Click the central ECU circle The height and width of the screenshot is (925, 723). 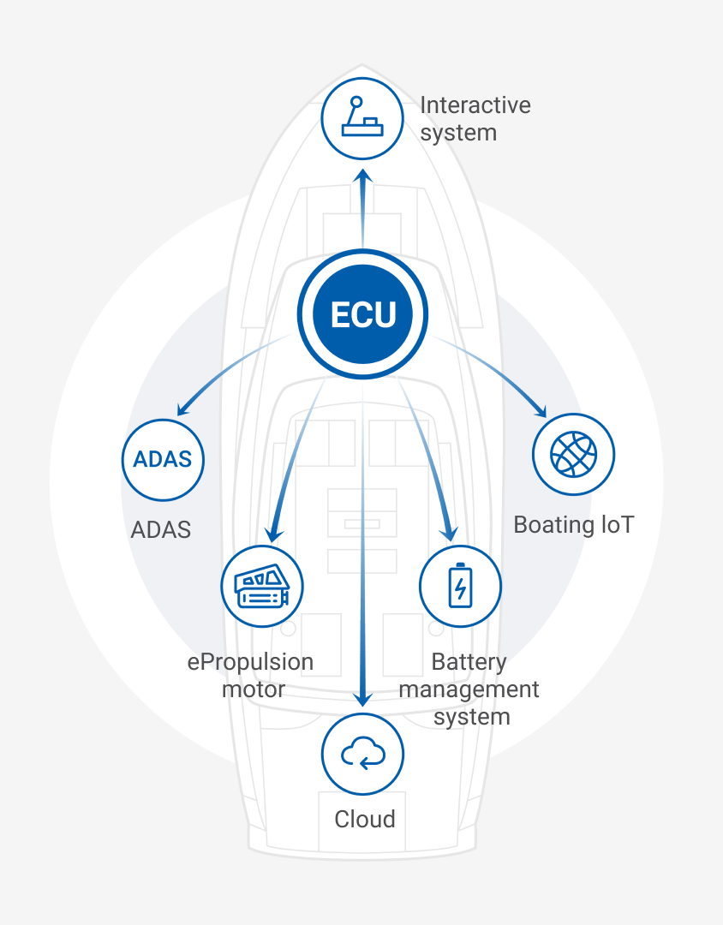pyautogui.click(x=362, y=314)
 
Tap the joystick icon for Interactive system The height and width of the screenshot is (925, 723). pyautogui.click(x=362, y=117)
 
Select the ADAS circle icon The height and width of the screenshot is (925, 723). pyautogui.click(x=163, y=459)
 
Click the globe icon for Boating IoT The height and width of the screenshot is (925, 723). pyautogui.click(x=574, y=454)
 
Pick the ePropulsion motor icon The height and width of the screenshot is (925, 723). pyautogui.click(x=261, y=587)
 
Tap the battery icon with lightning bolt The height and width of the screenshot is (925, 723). pyautogui.click(x=461, y=587)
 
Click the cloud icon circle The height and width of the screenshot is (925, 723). pyautogui.click(x=362, y=754)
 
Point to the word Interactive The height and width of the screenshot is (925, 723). pyautogui.click(x=475, y=105)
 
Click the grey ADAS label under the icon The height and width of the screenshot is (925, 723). pyautogui.click(x=161, y=529)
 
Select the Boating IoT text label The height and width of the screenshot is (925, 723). pyautogui.click(x=574, y=524)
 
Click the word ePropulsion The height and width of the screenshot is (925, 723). pyautogui.click(x=250, y=662)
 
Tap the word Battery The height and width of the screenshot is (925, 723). pyautogui.click(x=469, y=662)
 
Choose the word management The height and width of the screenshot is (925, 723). pyautogui.click(x=469, y=689)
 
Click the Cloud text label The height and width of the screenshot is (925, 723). pyautogui.click(x=365, y=820)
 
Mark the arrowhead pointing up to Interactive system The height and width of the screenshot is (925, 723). pyautogui.click(x=363, y=176)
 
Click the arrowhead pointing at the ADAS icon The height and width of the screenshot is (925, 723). pyautogui.click(x=182, y=408)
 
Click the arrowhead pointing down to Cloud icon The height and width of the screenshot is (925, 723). pyautogui.click(x=363, y=698)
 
